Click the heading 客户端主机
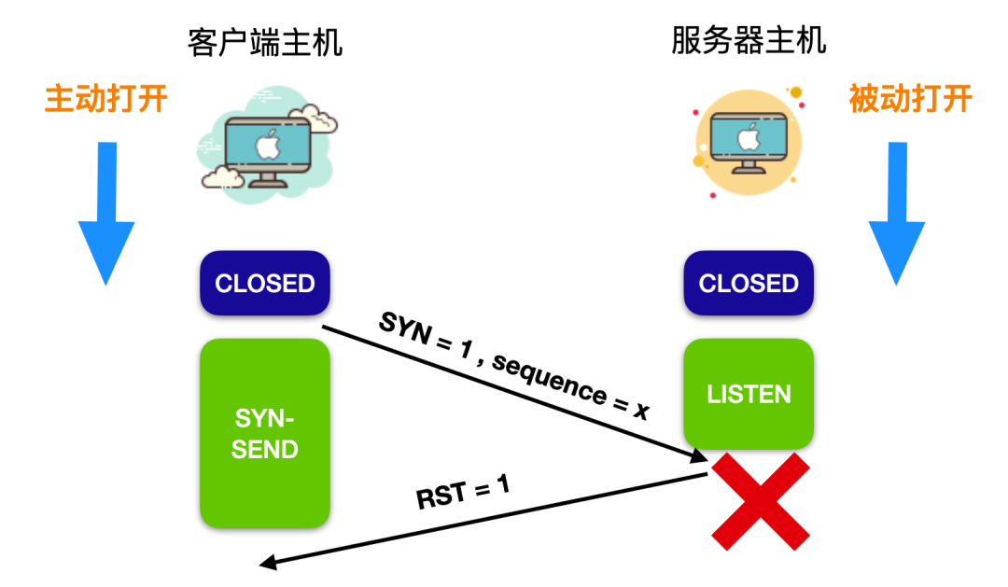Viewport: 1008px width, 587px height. [265, 42]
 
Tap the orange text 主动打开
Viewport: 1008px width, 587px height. [106, 99]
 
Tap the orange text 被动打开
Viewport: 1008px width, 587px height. [910, 98]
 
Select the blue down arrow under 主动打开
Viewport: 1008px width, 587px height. [106, 213]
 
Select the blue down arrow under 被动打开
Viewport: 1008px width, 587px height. [896, 213]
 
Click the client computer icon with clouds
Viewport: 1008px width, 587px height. [267, 144]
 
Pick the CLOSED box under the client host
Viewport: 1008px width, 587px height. [265, 283]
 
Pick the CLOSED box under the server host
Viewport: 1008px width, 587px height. [749, 283]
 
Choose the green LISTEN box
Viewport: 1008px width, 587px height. [749, 394]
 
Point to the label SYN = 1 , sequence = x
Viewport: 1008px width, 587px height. [513, 366]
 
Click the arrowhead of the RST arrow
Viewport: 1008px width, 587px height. [267, 562]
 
